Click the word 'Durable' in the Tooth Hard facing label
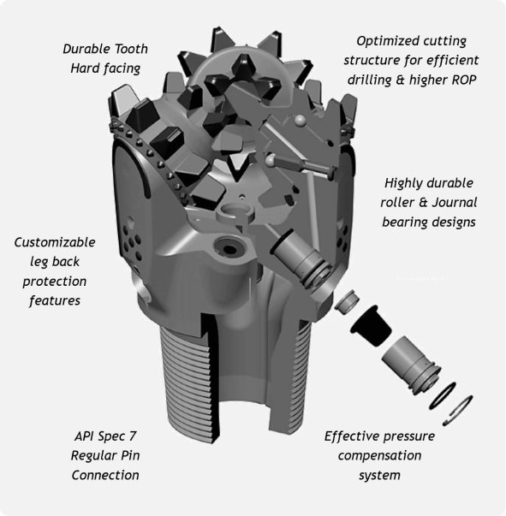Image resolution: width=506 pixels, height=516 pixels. pos(83,49)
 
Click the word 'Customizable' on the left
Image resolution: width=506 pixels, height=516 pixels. pos(55,242)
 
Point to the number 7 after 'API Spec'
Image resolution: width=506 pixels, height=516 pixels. pos(133,436)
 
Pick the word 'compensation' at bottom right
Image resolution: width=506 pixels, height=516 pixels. pos(379,456)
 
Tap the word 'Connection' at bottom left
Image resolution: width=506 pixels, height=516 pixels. pos(105,475)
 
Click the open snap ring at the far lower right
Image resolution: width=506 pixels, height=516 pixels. pos(457,411)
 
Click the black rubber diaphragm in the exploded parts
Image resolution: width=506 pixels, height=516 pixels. pos(371,324)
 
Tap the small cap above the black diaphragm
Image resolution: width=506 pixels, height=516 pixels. pos(347,301)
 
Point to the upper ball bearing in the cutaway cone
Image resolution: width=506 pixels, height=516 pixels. pos(300,121)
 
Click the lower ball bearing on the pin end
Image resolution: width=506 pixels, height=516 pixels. pos(271,160)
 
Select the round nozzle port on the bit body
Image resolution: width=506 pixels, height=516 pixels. pos(229,247)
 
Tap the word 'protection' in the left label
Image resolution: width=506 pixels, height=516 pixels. pos(55,282)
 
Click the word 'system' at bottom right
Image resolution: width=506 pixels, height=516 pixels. pos(379,476)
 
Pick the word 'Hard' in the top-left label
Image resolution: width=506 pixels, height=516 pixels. pos(85,68)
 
